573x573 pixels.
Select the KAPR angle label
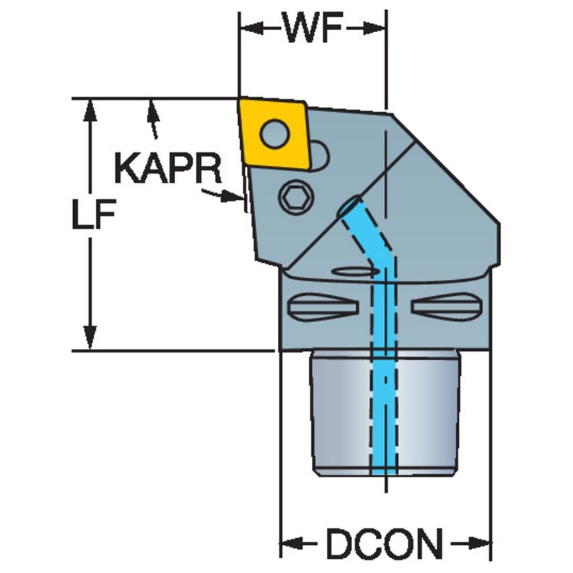click(167, 169)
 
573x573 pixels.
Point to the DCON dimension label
click(385, 543)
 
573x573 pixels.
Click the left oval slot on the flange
click(322, 307)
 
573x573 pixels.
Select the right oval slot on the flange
click(447, 307)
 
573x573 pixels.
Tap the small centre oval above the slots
click(355, 272)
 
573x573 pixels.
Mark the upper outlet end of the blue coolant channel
click(350, 207)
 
